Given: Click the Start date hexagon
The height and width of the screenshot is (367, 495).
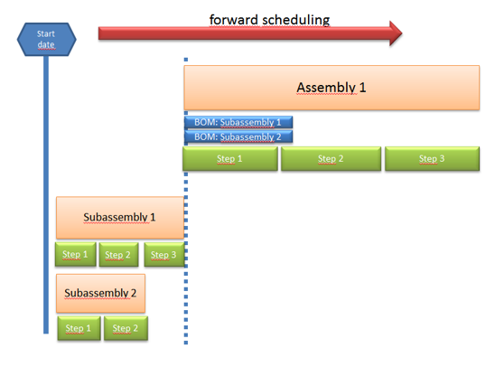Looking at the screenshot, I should coord(45,39).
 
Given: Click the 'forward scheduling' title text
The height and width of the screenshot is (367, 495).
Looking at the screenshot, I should coord(269,19).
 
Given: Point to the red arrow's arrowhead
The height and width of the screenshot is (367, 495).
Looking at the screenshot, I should coord(393,34).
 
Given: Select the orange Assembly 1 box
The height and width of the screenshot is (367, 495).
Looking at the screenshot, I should coord(331,88).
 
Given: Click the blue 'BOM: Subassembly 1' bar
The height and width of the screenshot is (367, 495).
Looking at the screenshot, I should coord(238,122).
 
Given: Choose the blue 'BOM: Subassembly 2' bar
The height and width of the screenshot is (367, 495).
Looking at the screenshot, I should coord(238,136).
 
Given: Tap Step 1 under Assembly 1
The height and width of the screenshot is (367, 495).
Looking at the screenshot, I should coord(229,159).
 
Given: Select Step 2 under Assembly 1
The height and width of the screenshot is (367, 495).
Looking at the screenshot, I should coord(331,159).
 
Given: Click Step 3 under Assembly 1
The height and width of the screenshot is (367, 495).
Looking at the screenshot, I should coord(432,159).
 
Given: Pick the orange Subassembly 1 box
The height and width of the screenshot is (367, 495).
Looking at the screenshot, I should coord(119,217).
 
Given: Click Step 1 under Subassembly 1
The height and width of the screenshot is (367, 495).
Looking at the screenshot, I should coord(74,254).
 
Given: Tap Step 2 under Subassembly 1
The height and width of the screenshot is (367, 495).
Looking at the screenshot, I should coord(118,254).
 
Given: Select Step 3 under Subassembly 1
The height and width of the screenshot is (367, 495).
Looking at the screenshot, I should coord(163,254).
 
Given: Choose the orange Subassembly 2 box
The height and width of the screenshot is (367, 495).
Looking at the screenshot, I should coord(100,293).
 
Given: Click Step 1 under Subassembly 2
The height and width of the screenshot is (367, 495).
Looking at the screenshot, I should coord(78,328).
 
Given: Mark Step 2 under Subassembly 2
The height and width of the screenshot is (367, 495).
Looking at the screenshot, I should coord(126,328).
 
